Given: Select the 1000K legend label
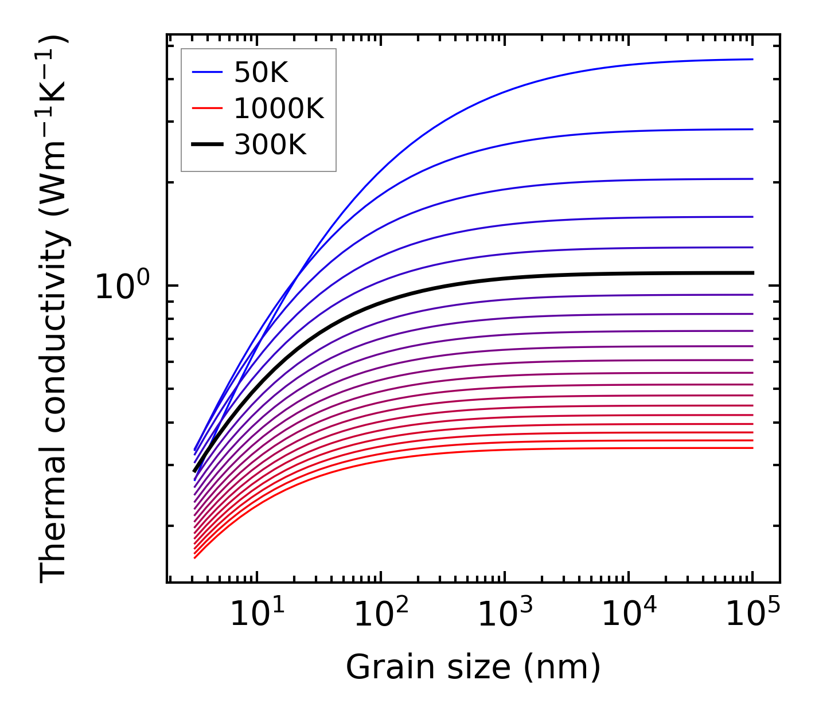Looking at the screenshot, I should point(279,108).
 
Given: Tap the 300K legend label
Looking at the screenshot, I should point(270,145).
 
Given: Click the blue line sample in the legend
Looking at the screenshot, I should point(206,72).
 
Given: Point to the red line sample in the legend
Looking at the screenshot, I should point(206,108).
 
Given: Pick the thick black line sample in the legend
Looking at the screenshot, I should point(206,145).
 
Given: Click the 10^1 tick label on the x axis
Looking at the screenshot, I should point(257,616).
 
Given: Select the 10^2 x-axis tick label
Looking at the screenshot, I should point(381,616).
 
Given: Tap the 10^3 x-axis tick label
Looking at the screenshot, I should point(505,616).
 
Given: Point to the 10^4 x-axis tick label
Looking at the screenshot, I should point(629,616).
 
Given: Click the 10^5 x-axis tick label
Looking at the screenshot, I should point(752,616).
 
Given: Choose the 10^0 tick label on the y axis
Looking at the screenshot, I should point(122,286).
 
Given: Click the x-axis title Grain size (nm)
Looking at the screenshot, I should point(473,667).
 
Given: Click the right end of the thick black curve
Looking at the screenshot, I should point(752,273).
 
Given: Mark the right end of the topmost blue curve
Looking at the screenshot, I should point(752,59).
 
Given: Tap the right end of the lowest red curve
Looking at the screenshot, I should point(752,448).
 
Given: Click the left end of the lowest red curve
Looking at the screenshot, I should point(196,557).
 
